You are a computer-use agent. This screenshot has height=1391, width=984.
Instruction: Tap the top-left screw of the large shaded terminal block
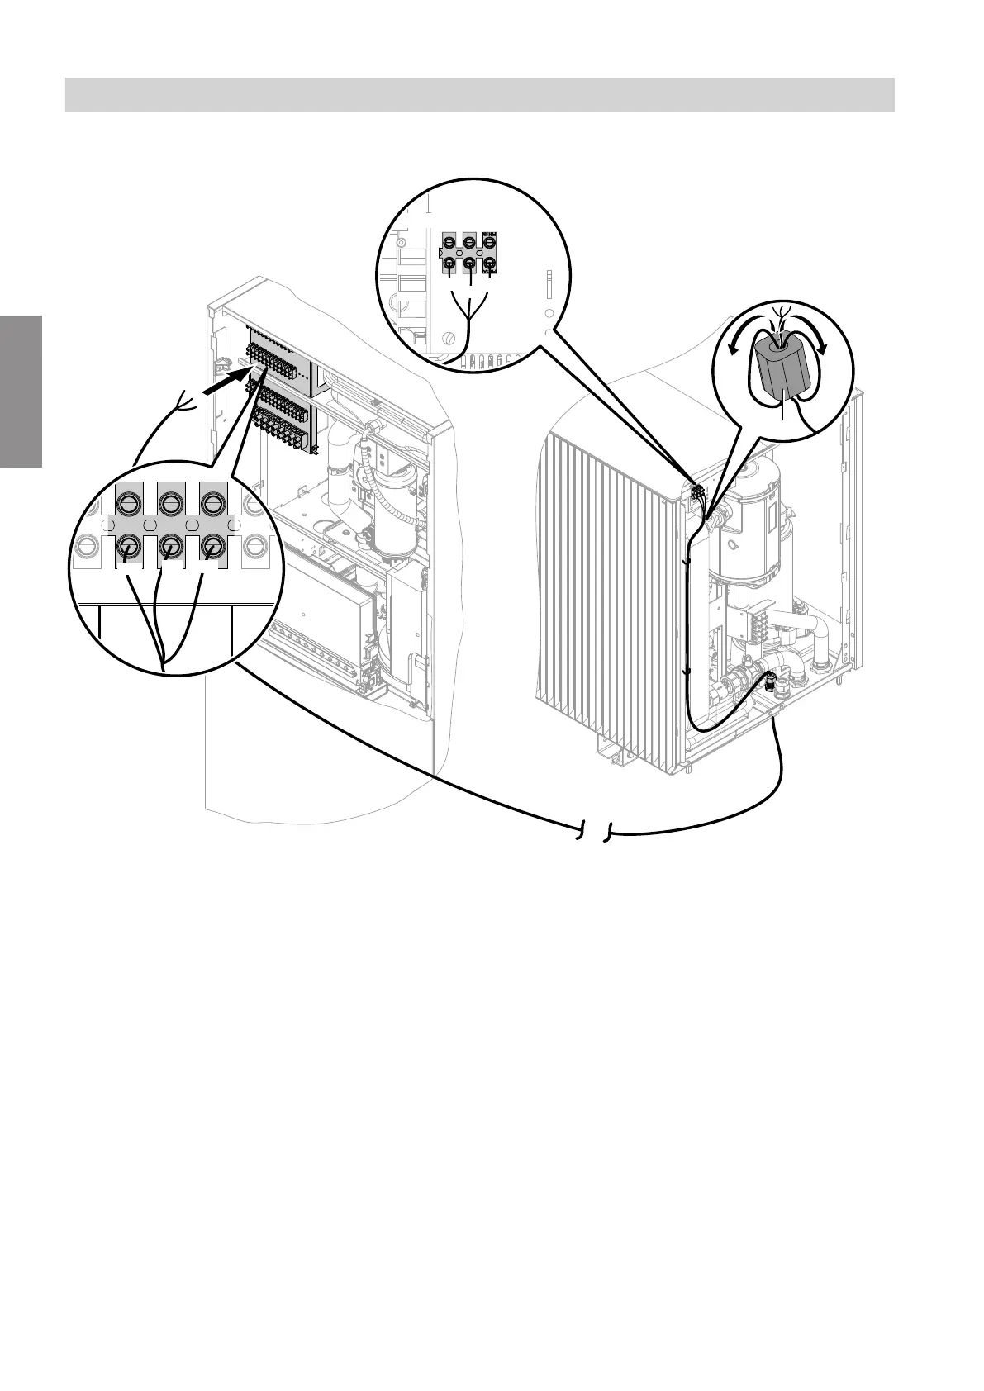pyautogui.click(x=128, y=503)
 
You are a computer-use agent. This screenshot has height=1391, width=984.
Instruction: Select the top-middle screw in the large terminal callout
pyautogui.click(x=170, y=503)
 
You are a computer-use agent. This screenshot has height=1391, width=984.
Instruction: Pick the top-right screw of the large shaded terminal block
pyautogui.click(x=212, y=503)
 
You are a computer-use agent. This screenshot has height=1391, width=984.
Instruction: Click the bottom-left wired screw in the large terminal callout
pyautogui.click(x=128, y=545)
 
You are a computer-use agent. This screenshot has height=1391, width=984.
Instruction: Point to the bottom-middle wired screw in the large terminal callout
pyautogui.click(x=170, y=545)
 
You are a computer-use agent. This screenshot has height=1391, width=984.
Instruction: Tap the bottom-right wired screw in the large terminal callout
pyautogui.click(x=212, y=545)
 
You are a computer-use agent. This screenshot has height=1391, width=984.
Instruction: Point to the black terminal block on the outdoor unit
pyautogui.click(x=697, y=495)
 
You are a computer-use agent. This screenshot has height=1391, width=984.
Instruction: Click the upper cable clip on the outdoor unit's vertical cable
pyautogui.click(x=687, y=563)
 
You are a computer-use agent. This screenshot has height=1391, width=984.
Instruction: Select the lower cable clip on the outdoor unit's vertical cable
pyautogui.click(x=687, y=673)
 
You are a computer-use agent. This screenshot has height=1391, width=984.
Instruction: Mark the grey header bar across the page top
pyautogui.click(x=479, y=94)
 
